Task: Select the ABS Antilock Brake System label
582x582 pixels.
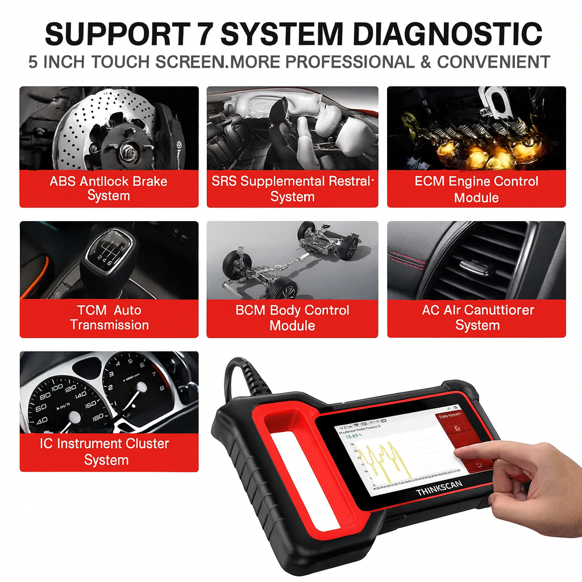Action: pos(109,189)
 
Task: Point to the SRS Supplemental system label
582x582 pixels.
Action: pos(292,189)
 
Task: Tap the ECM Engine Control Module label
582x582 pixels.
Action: pos(476,189)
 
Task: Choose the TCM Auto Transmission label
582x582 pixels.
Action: pos(109,318)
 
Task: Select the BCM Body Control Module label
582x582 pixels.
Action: pos(292,318)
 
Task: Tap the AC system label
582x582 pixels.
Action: pos(477,318)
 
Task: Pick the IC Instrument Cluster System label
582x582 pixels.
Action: pos(105,451)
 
